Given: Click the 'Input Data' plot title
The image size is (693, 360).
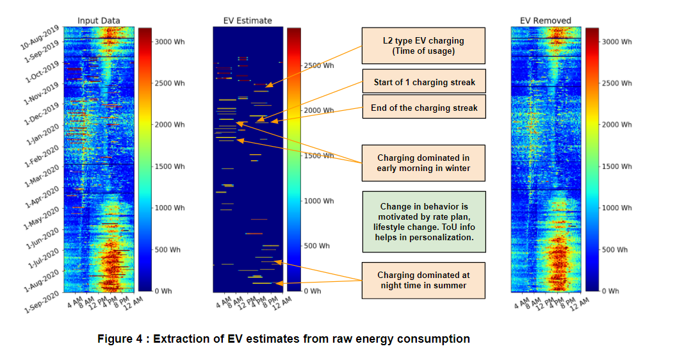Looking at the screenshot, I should click(99, 20).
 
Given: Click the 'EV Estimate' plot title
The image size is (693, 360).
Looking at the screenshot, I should click(248, 20).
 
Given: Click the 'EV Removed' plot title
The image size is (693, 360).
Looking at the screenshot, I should click(545, 20).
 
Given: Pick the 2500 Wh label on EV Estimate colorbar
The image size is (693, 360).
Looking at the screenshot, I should click(319, 65).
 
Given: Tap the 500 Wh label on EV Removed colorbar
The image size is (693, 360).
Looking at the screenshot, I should click(616, 249).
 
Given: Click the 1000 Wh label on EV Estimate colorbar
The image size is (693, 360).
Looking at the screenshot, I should click(319, 200).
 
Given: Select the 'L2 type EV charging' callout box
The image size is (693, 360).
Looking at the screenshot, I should click(423, 45).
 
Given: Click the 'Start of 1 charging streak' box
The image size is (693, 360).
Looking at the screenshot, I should click(423, 82).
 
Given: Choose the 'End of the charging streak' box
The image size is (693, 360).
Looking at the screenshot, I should click(423, 108).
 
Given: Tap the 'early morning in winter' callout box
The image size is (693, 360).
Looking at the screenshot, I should click(423, 163).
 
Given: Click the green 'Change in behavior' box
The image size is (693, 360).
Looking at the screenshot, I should click(423, 221).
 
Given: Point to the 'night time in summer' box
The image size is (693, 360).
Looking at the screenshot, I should click(423, 280).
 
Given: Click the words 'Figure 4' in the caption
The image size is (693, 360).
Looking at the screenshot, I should click(121, 339).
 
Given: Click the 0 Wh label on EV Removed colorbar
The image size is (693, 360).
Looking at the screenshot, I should click(611, 291).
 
